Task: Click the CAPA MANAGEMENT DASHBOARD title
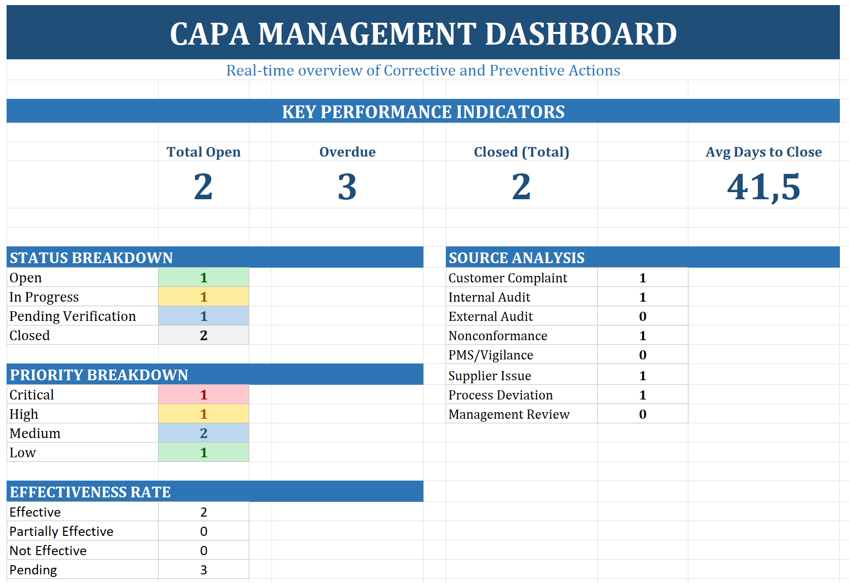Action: pos(423,34)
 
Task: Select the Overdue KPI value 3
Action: pos(347,187)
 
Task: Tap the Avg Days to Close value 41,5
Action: pos(763,187)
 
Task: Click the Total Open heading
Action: pos(204,152)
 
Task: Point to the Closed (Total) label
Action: pos(521,152)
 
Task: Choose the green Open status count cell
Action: pos(204,278)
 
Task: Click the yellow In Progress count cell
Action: pos(204,297)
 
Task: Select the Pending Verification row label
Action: pos(72,316)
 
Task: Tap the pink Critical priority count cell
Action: pos(204,395)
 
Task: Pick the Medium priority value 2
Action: pos(204,433)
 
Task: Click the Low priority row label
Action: pos(23,453)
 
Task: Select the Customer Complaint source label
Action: pos(508,278)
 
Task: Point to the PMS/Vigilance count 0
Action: pos(642,355)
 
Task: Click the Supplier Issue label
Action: pos(489,376)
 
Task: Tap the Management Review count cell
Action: pos(642,415)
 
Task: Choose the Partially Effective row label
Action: pos(61,531)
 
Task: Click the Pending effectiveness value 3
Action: pos(204,570)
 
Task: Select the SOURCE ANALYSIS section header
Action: pos(517,258)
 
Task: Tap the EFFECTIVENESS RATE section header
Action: pos(90,492)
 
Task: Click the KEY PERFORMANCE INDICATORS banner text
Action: pos(423,112)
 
